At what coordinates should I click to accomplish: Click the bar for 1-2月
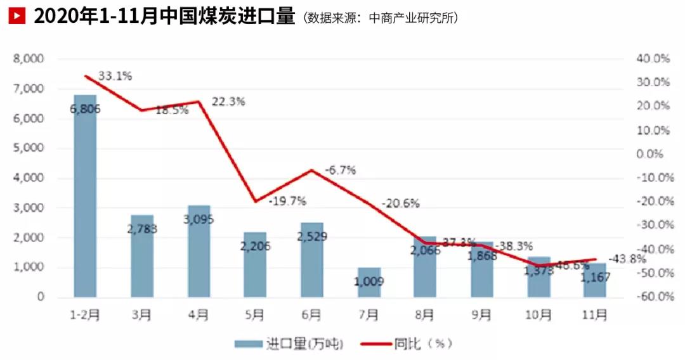pyautogui.click(x=85, y=196)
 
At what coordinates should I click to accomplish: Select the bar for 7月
pyautogui.click(x=369, y=283)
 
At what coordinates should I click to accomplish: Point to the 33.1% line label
pyautogui.click(x=116, y=77)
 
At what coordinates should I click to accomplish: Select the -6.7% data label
pyautogui.click(x=341, y=170)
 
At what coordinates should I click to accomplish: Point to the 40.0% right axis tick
pyautogui.click(x=653, y=59)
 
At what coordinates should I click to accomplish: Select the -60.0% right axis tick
pyautogui.click(x=653, y=297)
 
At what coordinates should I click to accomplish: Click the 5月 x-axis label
pyautogui.click(x=255, y=314)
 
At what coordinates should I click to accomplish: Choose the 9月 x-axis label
pyautogui.click(x=482, y=314)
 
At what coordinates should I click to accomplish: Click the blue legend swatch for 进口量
pyautogui.click(x=248, y=344)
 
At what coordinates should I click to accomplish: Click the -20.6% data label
pyautogui.click(x=401, y=203)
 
